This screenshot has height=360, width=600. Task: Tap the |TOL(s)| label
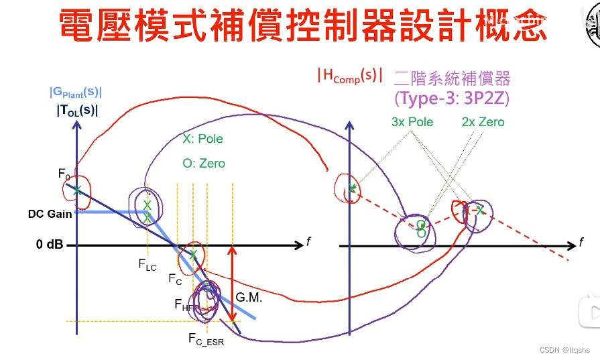(77, 111)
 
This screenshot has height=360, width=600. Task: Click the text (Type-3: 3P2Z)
(453, 98)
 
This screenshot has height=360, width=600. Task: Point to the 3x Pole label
(412, 122)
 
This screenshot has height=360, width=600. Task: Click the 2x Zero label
(483, 122)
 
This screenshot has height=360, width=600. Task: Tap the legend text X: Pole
(202, 139)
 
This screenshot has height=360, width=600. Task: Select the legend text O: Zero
(204, 163)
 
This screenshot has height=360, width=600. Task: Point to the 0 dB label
(50, 245)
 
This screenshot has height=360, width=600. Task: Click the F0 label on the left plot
(64, 175)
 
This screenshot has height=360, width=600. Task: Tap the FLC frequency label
(147, 264)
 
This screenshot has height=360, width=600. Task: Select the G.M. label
(249, 296)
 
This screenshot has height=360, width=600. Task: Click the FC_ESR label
(206, 338)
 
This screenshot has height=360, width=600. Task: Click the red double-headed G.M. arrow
(232, 288)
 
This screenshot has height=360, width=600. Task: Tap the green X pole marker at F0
(77, 190)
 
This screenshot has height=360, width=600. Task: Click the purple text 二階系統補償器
(453, 78)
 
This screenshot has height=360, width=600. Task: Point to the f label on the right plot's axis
(581, 241)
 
